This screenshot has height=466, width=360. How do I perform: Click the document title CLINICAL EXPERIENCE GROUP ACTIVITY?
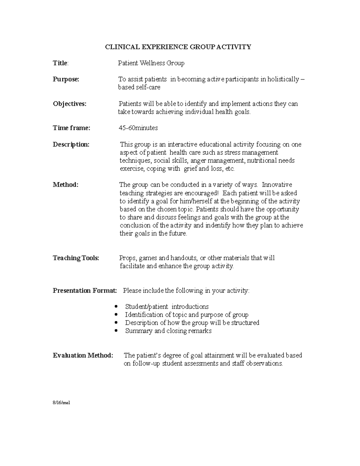(178, 47)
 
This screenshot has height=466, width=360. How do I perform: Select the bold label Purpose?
(66, 79)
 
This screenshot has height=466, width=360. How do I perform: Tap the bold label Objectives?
(70, 104)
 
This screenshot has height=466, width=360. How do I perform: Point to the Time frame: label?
(71, 128)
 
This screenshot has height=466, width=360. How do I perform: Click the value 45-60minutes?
(138, 128)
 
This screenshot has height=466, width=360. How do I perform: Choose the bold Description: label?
(71, 144)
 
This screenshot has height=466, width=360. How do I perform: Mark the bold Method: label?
(65, 185)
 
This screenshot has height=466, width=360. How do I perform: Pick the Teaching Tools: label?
(76, 258)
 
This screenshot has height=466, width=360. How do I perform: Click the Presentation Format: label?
(85, 290)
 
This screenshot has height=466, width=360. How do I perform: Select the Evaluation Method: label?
(83, 356)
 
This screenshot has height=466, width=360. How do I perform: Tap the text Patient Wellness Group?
(151, 63)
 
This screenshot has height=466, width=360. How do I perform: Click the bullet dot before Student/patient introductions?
(116, 307)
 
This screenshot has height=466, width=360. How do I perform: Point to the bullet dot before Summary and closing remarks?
(116, 331)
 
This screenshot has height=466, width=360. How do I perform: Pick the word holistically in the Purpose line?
(283, 79)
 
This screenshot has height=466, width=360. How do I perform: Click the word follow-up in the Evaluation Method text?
(146, 364)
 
